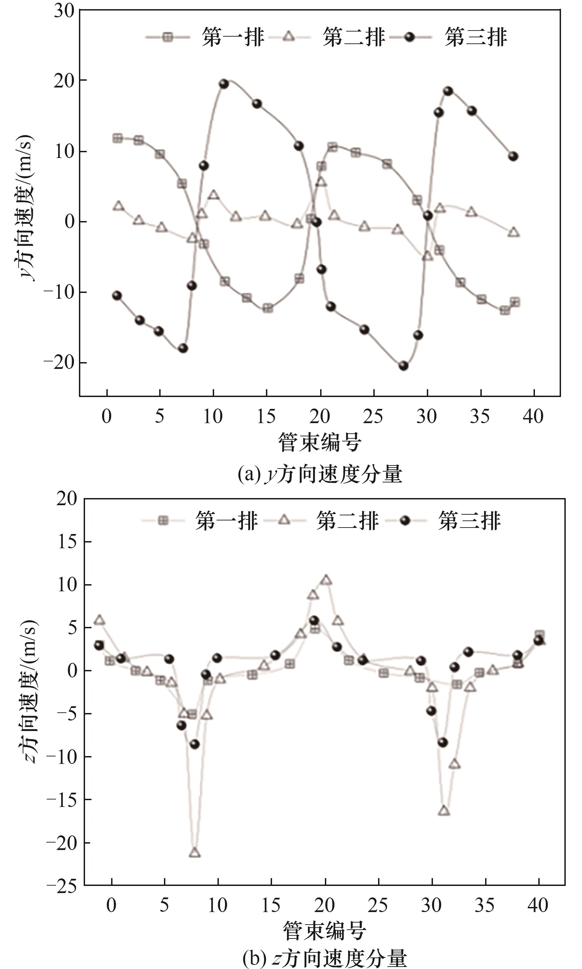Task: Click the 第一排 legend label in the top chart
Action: [233, 38]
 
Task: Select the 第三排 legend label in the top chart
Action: [475, 38]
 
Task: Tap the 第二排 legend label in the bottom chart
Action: [348, 521]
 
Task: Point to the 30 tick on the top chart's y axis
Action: [64, 11]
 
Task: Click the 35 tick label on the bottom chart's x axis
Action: [485, 905]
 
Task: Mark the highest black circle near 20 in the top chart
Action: [224, 84]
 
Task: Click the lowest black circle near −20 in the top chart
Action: [403, 366]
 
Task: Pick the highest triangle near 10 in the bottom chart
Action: [326, 580]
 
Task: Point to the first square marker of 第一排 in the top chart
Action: [117, 138]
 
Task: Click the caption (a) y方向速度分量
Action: [320, 474]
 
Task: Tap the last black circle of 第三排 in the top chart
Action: [513, 157]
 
